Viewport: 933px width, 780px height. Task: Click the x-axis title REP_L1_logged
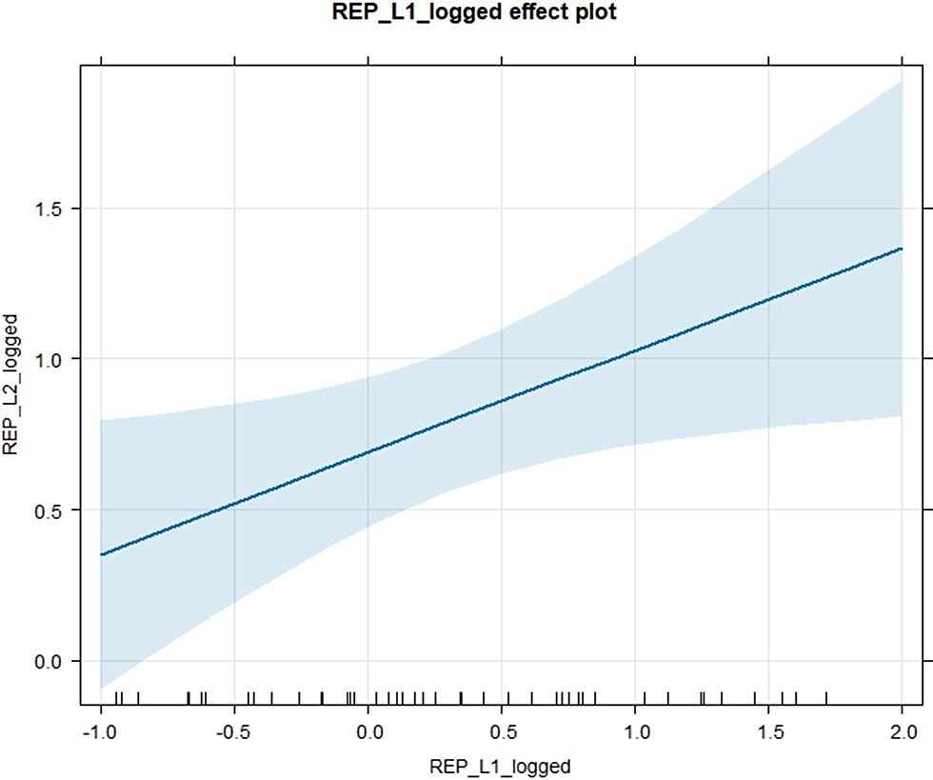pos(500,766)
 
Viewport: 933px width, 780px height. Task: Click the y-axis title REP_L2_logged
pos(13,386)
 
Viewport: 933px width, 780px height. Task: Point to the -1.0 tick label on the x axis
pos(100,732)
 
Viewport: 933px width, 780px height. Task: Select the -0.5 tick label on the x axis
pos(233,732)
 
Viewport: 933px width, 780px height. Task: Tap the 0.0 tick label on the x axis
pos(368,732)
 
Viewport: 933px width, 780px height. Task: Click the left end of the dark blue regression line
pos(101,554)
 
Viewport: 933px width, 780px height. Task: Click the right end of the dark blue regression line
pos(903,249)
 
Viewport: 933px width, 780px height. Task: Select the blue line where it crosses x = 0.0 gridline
pos(368,452)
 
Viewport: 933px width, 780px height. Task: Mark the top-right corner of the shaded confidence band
pos(903,82)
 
